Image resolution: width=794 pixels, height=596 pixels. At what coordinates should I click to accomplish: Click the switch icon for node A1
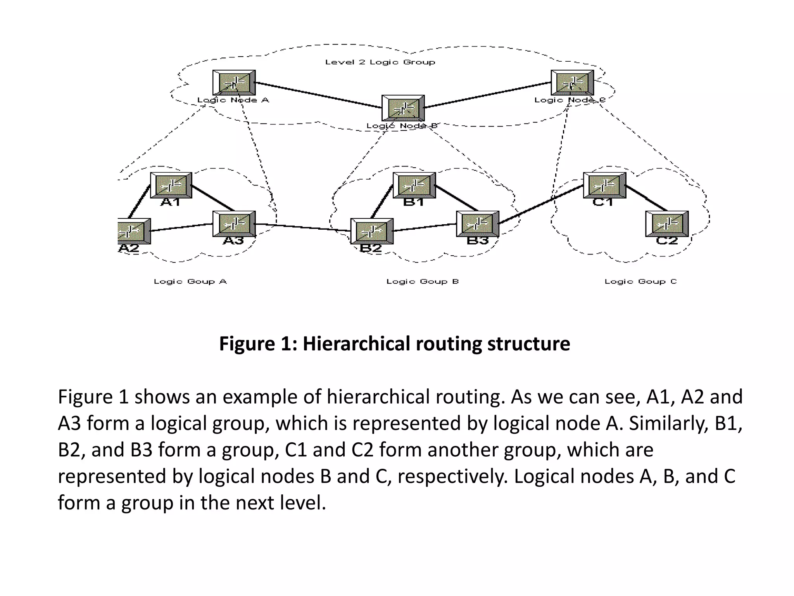click(171, 185)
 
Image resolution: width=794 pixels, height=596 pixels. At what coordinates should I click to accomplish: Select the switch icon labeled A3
click(234, 223)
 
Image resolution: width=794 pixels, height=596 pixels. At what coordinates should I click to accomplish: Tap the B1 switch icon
click(414, 185)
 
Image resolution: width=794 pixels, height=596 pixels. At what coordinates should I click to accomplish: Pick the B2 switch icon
click(372, 231)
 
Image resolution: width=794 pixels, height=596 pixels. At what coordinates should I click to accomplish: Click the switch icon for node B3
click(478, 223)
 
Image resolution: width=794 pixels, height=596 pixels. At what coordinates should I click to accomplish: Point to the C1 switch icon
click(604, 185)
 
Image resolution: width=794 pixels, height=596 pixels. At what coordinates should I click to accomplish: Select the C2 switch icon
click(667, 223)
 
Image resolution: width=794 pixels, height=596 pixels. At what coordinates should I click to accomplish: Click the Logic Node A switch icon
click(234, 83)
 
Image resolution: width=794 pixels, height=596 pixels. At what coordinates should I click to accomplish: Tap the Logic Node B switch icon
click(403, 108)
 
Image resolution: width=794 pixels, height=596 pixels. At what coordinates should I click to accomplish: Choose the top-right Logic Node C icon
click(572, 83)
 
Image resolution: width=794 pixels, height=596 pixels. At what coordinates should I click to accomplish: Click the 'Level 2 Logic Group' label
click(380, 62)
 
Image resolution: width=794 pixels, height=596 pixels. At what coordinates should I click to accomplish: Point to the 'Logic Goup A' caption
click(190, 281)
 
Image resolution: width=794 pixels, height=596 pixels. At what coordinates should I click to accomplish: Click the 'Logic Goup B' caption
click(423, 281)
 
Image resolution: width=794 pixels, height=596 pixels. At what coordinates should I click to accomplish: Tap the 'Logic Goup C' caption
click(640, 281)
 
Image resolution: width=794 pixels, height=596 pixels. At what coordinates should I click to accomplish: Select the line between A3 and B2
click(302, 227)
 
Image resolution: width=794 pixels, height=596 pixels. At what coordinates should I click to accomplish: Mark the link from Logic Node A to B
click(318, 95)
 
